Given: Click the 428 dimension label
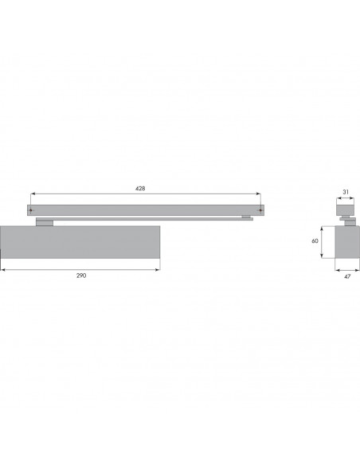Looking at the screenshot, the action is click(x=140, y=189).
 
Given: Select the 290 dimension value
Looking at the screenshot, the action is click(x=81, y=275).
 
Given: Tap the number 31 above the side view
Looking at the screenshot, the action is click(x=346, y=192).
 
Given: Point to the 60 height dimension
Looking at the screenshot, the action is click(x=315, y=240).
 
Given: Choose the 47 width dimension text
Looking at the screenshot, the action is click(x=347, y=276).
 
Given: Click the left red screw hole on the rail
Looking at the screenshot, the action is click(x=30, y=210).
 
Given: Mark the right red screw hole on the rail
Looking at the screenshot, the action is click(x=260, y=210).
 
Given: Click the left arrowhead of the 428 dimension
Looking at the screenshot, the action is click(x=33, y=194).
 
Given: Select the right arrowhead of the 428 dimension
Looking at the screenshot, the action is click(x=259, y=194).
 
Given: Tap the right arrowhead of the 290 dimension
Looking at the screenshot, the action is click(x=158, y=270).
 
